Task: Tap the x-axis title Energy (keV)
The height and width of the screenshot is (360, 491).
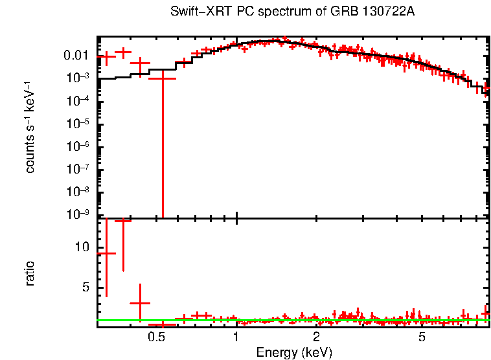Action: point(294,352)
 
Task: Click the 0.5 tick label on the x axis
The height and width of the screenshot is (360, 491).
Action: point(155,337)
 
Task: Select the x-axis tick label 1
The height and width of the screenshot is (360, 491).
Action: point(236,337)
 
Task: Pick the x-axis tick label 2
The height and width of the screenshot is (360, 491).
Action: point(316,337)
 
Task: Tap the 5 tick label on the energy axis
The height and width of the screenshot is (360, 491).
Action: point(422,337)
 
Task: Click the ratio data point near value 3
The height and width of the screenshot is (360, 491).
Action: point(140,303)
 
